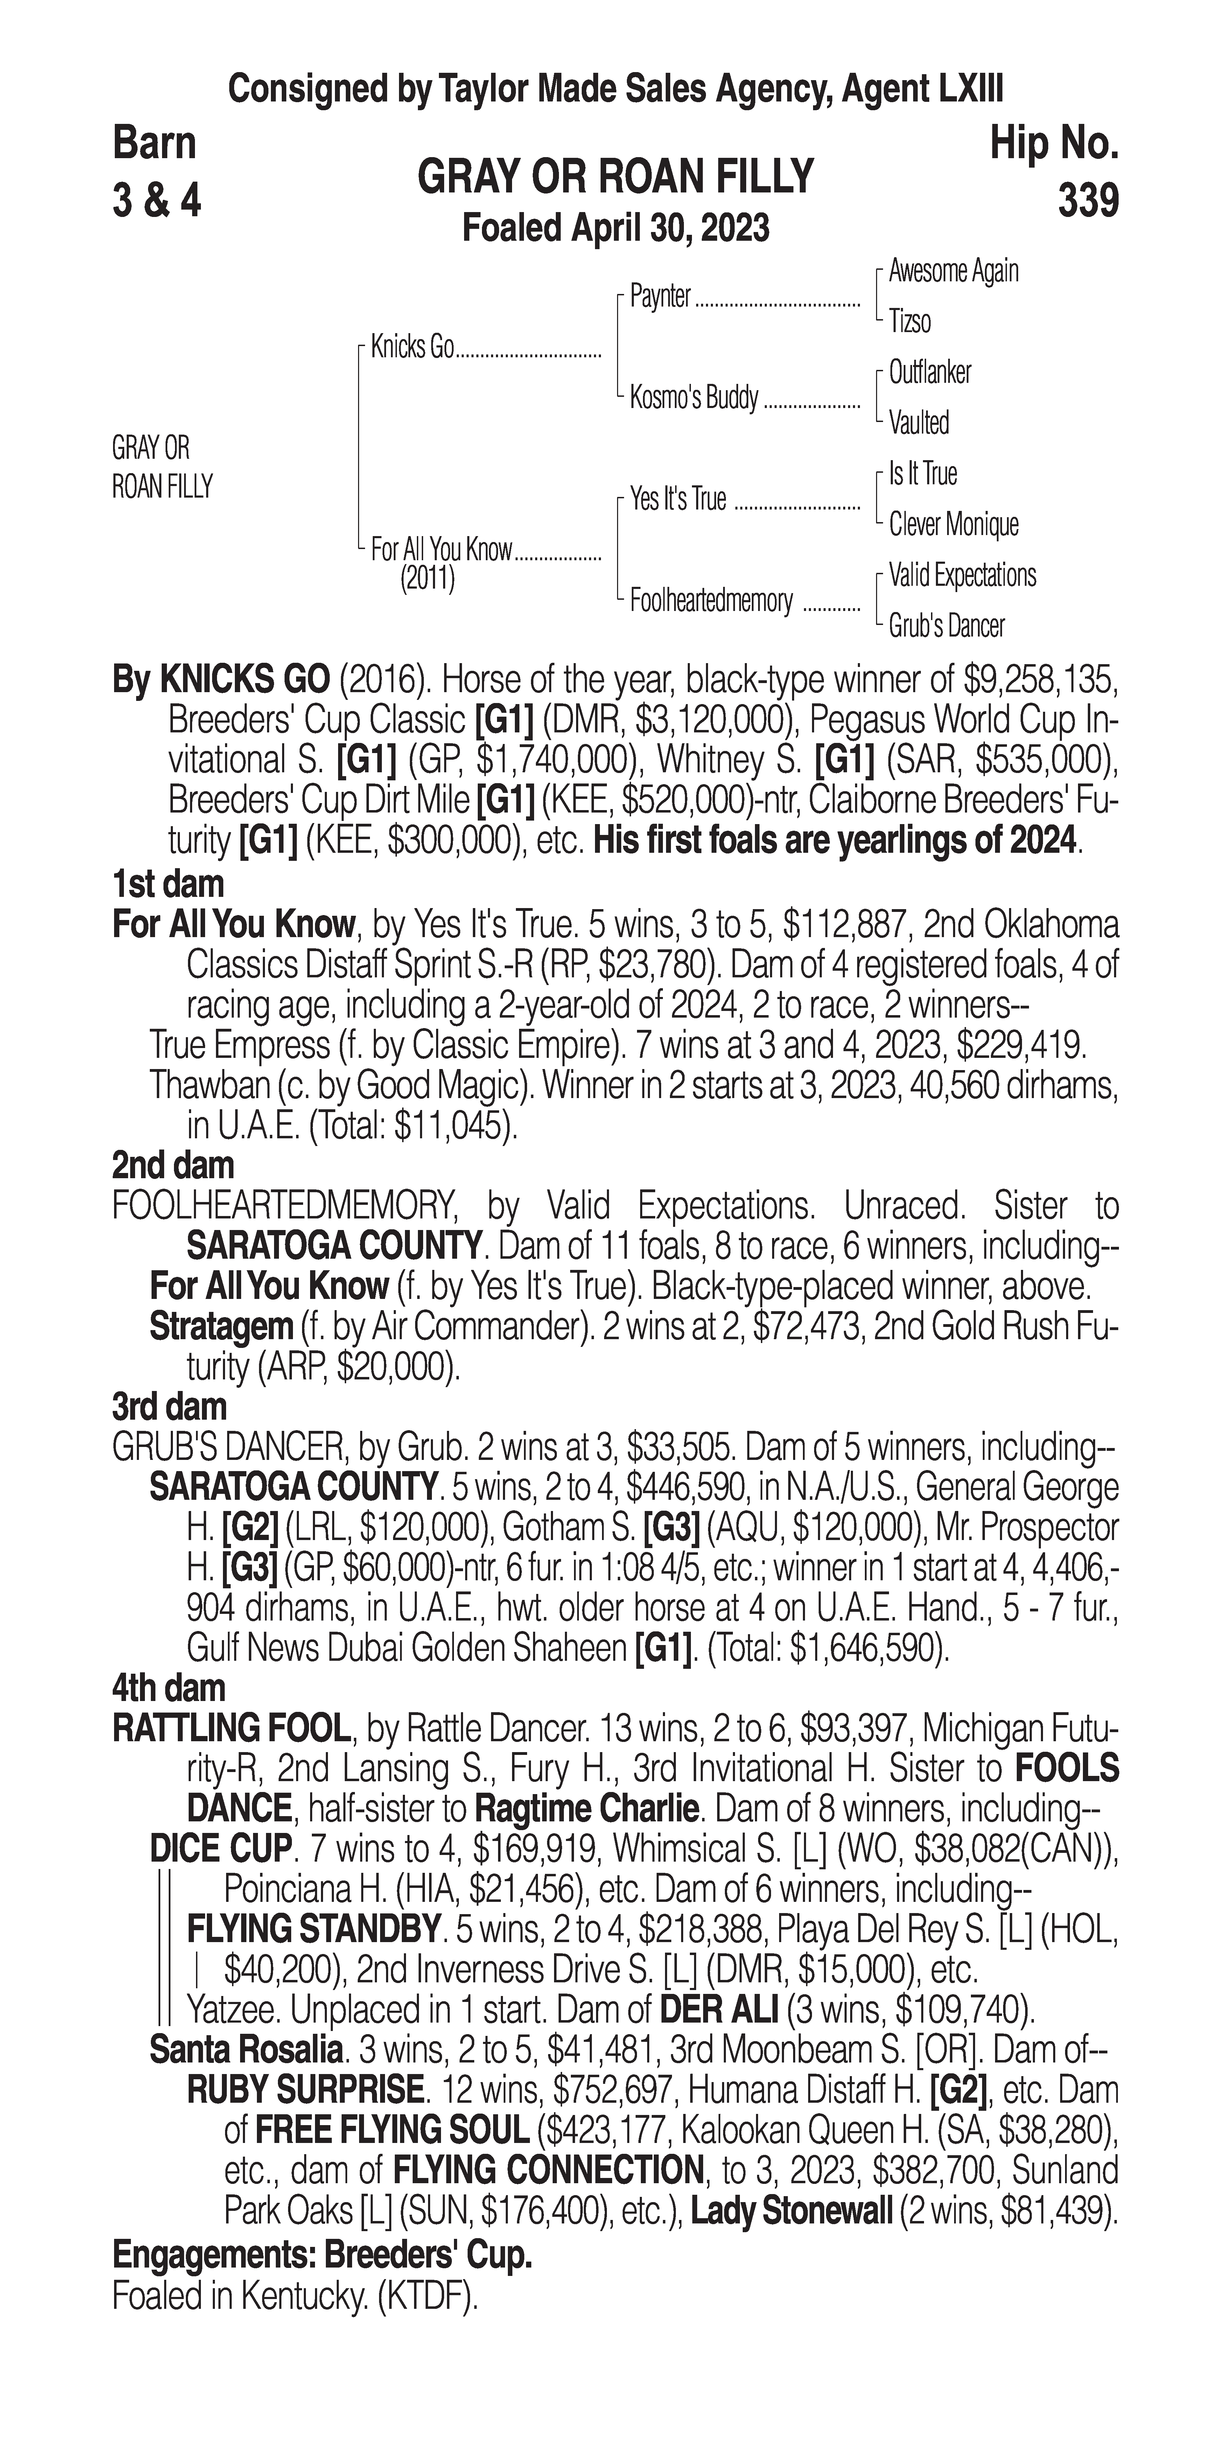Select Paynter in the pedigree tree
coord(660,297)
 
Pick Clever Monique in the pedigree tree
coord(953,524)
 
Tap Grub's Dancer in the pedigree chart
coord(946,626)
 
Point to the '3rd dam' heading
coord(169,1407)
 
